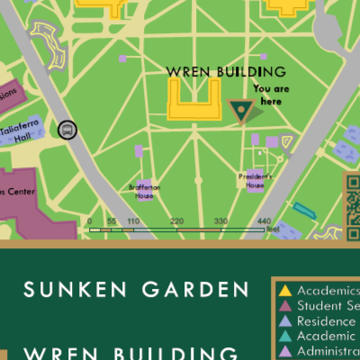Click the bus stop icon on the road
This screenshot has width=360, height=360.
coord(67,130)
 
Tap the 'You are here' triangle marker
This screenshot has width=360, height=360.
coord(240,111)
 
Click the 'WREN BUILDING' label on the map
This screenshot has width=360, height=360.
coord(226,71)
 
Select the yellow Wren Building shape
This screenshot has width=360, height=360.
coord(193,99)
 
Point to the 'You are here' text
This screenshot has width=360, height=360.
coord(273,94)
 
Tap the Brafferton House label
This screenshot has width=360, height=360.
coord(144,191)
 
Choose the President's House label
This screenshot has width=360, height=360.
coord(254,179)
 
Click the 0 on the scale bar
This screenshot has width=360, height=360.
coord(89,220)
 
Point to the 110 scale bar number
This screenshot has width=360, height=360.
coord(132,220)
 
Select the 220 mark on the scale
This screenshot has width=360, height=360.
coord(176,220)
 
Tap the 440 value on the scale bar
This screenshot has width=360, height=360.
coord(264,220)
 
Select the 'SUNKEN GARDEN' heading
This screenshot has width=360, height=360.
coord(135,290)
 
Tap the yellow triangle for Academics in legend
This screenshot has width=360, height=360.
coord(285,291)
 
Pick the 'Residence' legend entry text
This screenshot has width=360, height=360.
coord(328,321)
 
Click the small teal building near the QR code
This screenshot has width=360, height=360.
coord(304,211)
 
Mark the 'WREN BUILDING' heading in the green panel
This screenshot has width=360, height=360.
coord(130,352)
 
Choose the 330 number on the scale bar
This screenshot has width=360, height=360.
coord(220,220)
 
